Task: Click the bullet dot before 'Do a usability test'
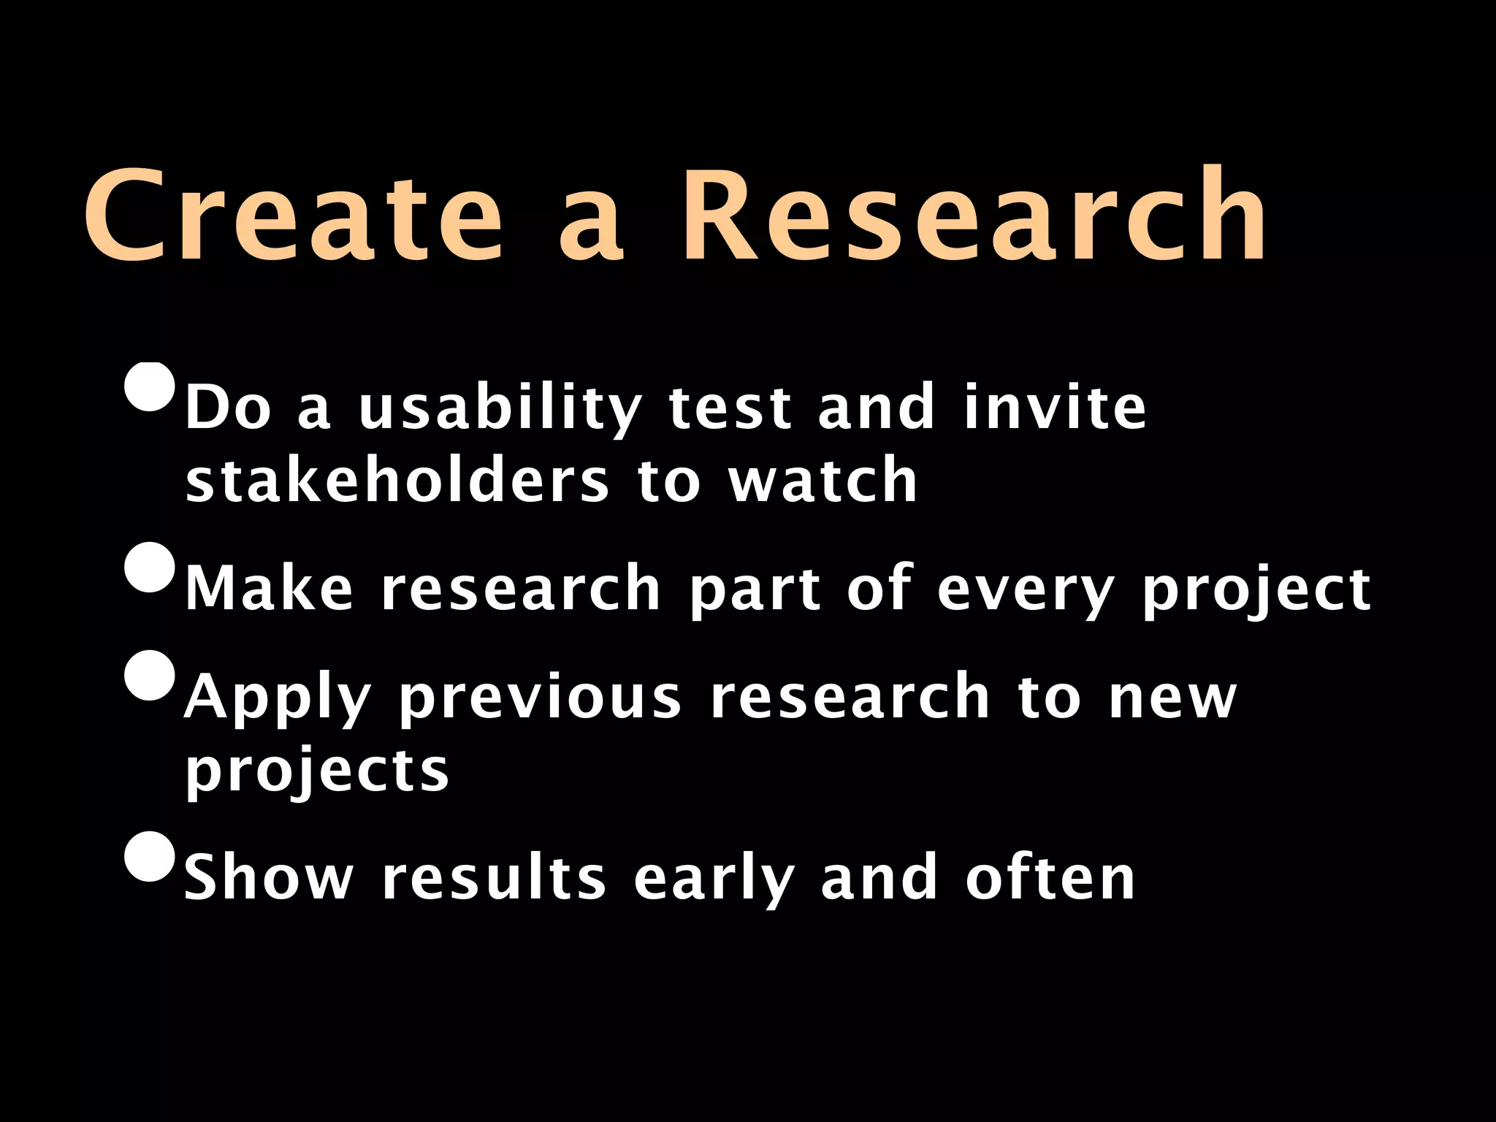[x=150, y=387]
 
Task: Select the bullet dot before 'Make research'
[x=150, y=567]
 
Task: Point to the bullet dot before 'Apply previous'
[x=150, y=675]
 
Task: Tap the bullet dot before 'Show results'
[x=150, y=856]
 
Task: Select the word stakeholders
[x=397, y=481]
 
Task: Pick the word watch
[x=823, y=481]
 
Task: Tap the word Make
[x=269, y=588]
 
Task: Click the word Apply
[x=278, y=698]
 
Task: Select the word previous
[x=541, y=698]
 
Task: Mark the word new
[x=1172, y=698]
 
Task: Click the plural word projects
[x=317, y=771]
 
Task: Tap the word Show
[x=269, y=878]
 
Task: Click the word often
[x=1050, y=878]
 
